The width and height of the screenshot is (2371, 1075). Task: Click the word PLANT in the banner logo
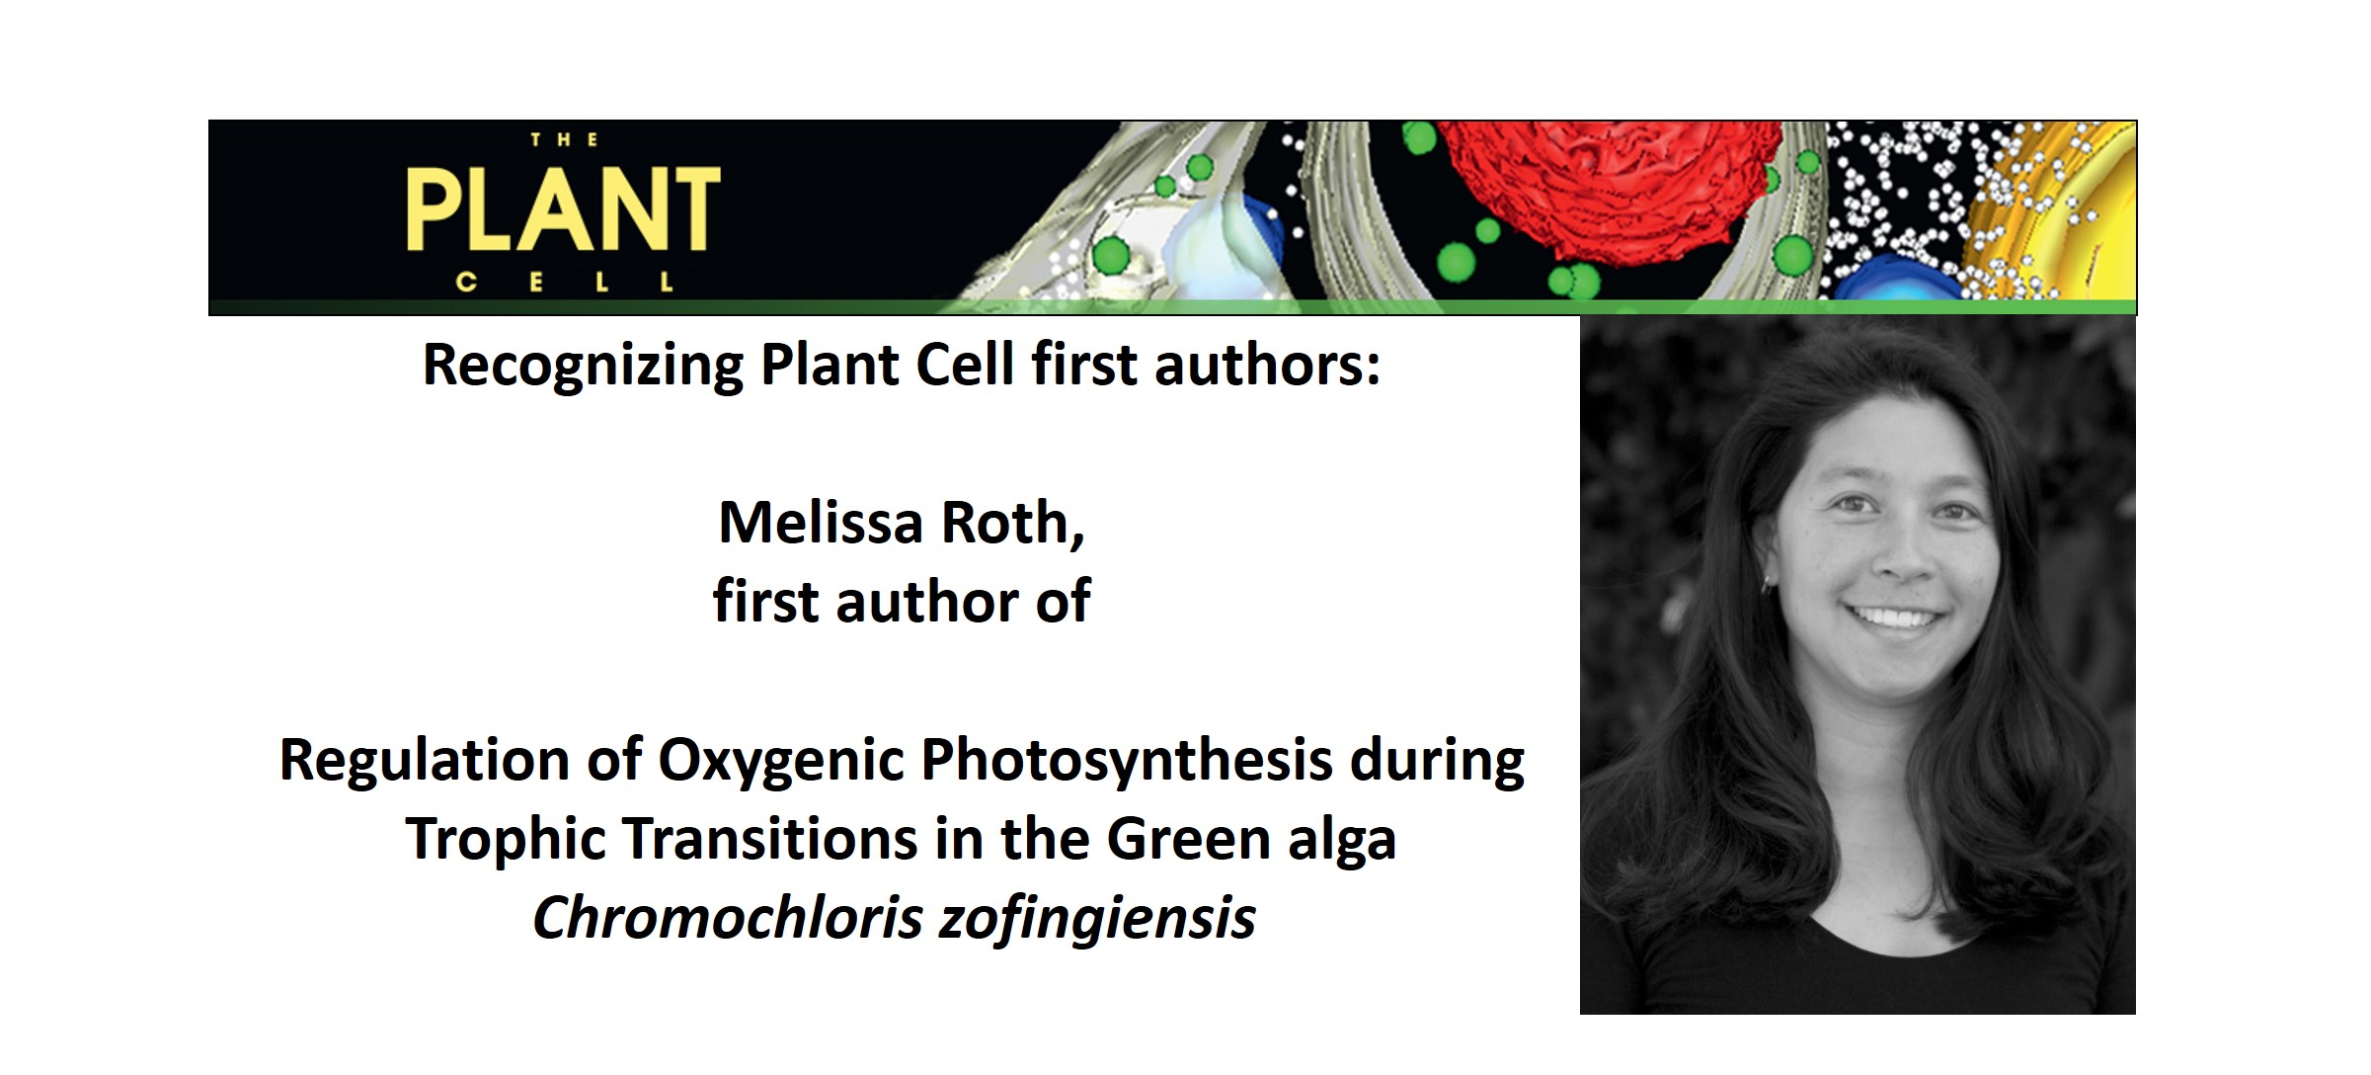coord(563,209)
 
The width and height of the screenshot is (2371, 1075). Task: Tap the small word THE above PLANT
coord(564,140)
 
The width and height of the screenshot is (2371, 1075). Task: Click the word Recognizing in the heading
coord(583,365)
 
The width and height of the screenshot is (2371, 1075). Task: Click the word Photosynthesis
coord(1127,761)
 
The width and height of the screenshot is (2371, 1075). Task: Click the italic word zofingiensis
coord(1096,919)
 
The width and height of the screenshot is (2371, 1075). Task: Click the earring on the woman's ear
coord(1767,584)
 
